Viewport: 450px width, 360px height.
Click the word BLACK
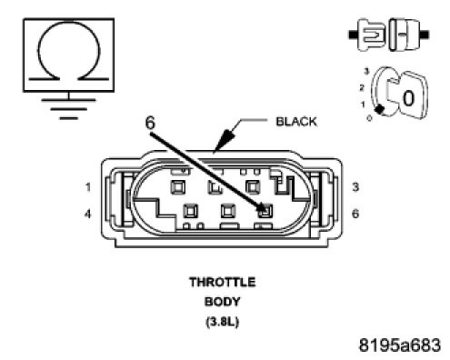coord(296,122)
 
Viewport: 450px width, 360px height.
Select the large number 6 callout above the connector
coord(150,123)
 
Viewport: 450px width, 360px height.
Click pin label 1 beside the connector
coord(88,187)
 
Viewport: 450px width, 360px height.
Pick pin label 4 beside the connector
coord(87,214)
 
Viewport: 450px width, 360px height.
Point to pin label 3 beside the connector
coord(355,186)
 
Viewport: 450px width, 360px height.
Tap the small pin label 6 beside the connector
coord(355,214)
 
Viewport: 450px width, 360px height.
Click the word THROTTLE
coord(223,282)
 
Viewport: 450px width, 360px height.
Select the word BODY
coord(223,302)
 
